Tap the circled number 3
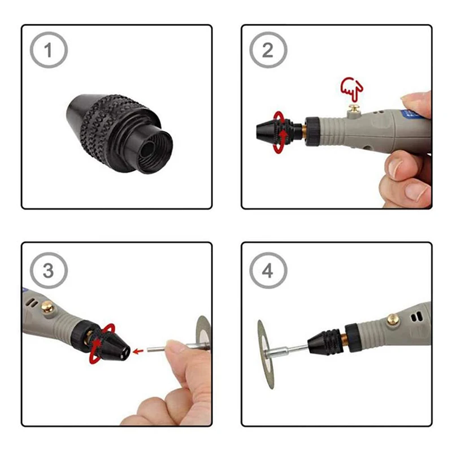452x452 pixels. (x=48, y=270)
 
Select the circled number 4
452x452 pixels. (x=268, y=270)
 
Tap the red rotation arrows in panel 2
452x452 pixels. (x=279, y=132)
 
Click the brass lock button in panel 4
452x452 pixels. (x=393, y=319)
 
